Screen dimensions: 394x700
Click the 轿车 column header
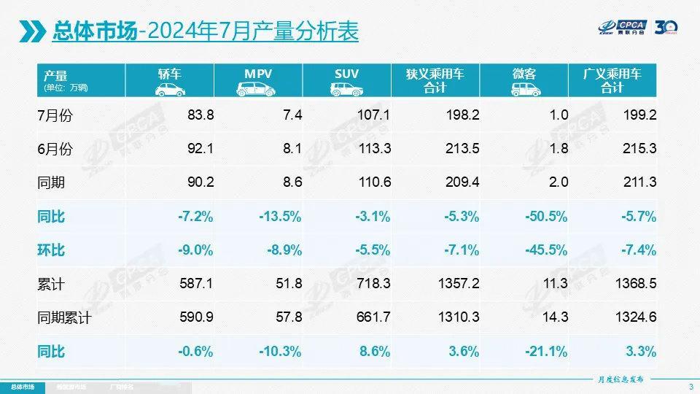tap(169, 80)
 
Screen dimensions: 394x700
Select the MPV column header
tap(258, 80)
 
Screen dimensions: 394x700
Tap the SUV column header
tap(346, 80)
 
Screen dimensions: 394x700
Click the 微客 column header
tap(524, 80)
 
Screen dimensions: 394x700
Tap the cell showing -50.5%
tap(547, 217)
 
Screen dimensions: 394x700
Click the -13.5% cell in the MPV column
tap(281, 217)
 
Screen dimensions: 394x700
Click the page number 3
tap(690, 385)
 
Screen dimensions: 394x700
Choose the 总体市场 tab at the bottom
tap(24, 385)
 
